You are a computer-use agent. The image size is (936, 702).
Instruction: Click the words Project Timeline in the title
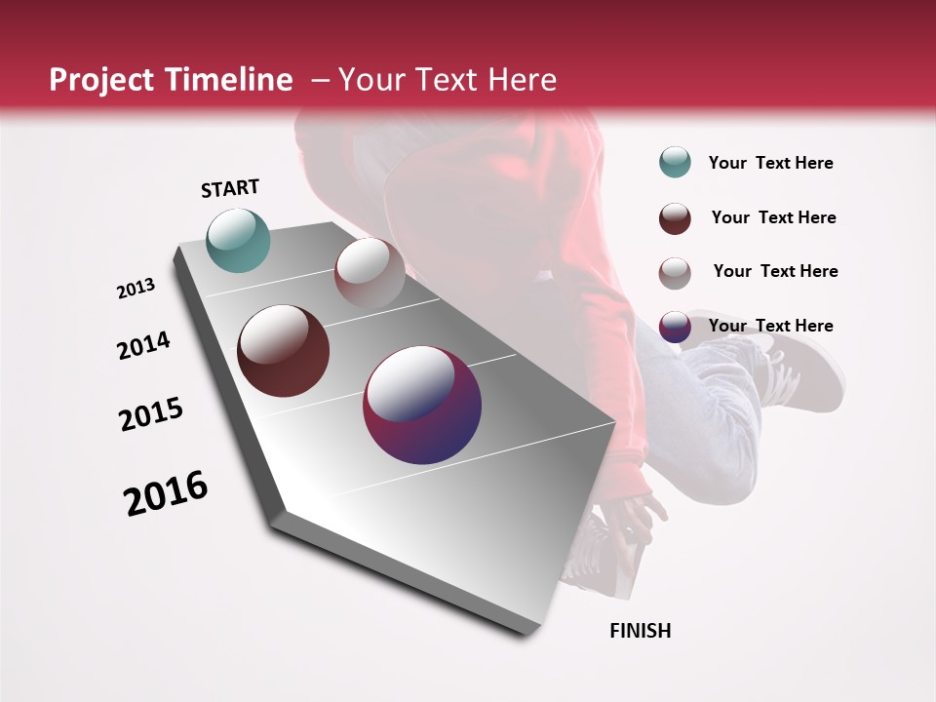(x=171, y=80)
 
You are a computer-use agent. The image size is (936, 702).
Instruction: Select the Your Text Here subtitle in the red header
(x=448, y=80)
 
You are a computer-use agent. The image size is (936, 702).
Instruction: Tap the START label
(x=230, y=188)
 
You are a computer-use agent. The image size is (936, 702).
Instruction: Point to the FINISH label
(x=641, y=631)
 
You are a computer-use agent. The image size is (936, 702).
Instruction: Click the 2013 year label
(x=136, y=289)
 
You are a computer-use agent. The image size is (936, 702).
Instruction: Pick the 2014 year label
(x=143, y=345)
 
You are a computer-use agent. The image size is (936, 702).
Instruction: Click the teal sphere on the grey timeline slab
(x=238, y=240)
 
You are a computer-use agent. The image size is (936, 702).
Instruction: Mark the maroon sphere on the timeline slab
(x=284, y=351)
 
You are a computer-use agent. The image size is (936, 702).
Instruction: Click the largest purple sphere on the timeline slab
(x=422, y=405)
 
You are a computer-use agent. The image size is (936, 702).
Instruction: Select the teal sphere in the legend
(x=675, y=162)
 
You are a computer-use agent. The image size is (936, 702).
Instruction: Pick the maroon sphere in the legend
(x=675, y=218)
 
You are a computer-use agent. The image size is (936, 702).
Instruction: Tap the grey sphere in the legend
(x=675, y=272)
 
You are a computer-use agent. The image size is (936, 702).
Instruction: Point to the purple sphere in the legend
(x=675, y=327)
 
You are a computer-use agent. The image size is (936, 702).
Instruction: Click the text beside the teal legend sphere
(x=770, y=163)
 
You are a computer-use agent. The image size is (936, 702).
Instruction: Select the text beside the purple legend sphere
(x=770, y=326)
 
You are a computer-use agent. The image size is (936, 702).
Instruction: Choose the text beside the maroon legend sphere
(x=773, y=217)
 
